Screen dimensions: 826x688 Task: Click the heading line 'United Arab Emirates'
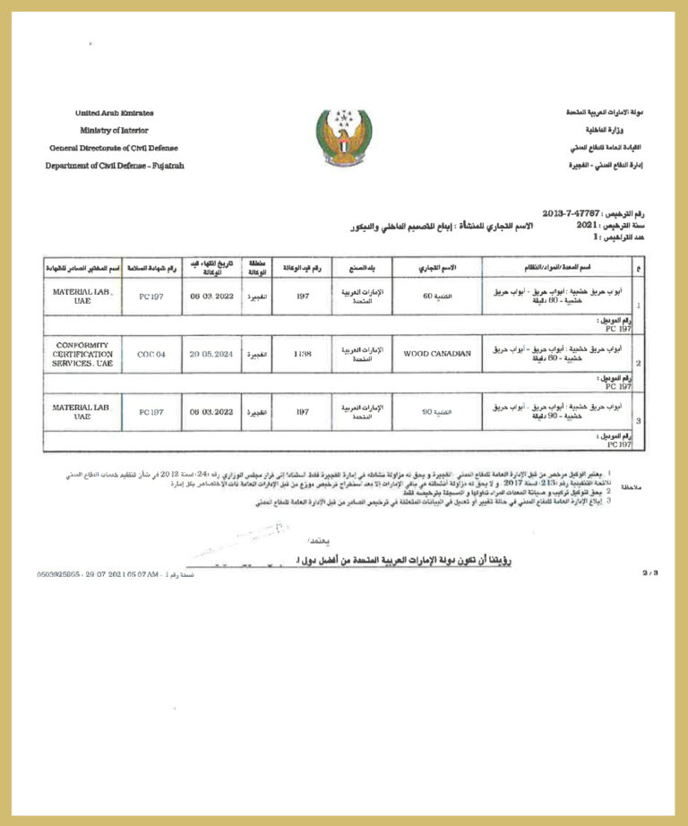click(x=114, y=113)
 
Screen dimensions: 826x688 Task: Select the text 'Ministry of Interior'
click(x=114, y=130)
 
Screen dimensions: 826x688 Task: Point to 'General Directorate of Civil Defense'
click(x=114, y=148)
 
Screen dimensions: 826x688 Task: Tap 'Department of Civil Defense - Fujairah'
click(x=114, y=166)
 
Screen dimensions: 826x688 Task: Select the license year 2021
click(x=585, y=227)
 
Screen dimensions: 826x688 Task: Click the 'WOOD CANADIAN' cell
click(x=437, y=354)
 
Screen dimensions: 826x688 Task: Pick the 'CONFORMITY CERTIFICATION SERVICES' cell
click(x=83, y=355)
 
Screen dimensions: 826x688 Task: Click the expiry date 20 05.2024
click(x=211, y=354)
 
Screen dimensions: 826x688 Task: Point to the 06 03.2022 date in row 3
click(x=211, y=412)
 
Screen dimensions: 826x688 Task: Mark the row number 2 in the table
click(x=637, y=365)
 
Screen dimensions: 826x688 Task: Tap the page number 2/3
click(x=649, y=572)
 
